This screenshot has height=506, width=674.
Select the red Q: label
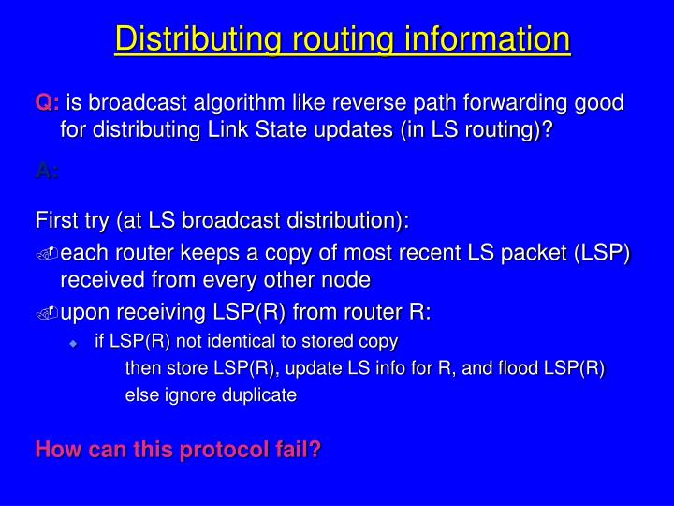point(47,103)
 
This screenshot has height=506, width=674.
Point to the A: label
point(47,171)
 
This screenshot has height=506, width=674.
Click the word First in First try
point(54,221)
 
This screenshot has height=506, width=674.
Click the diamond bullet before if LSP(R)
point(74,341)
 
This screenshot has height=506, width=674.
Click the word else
point(141,395)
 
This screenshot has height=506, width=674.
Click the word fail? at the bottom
point(296,450)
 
